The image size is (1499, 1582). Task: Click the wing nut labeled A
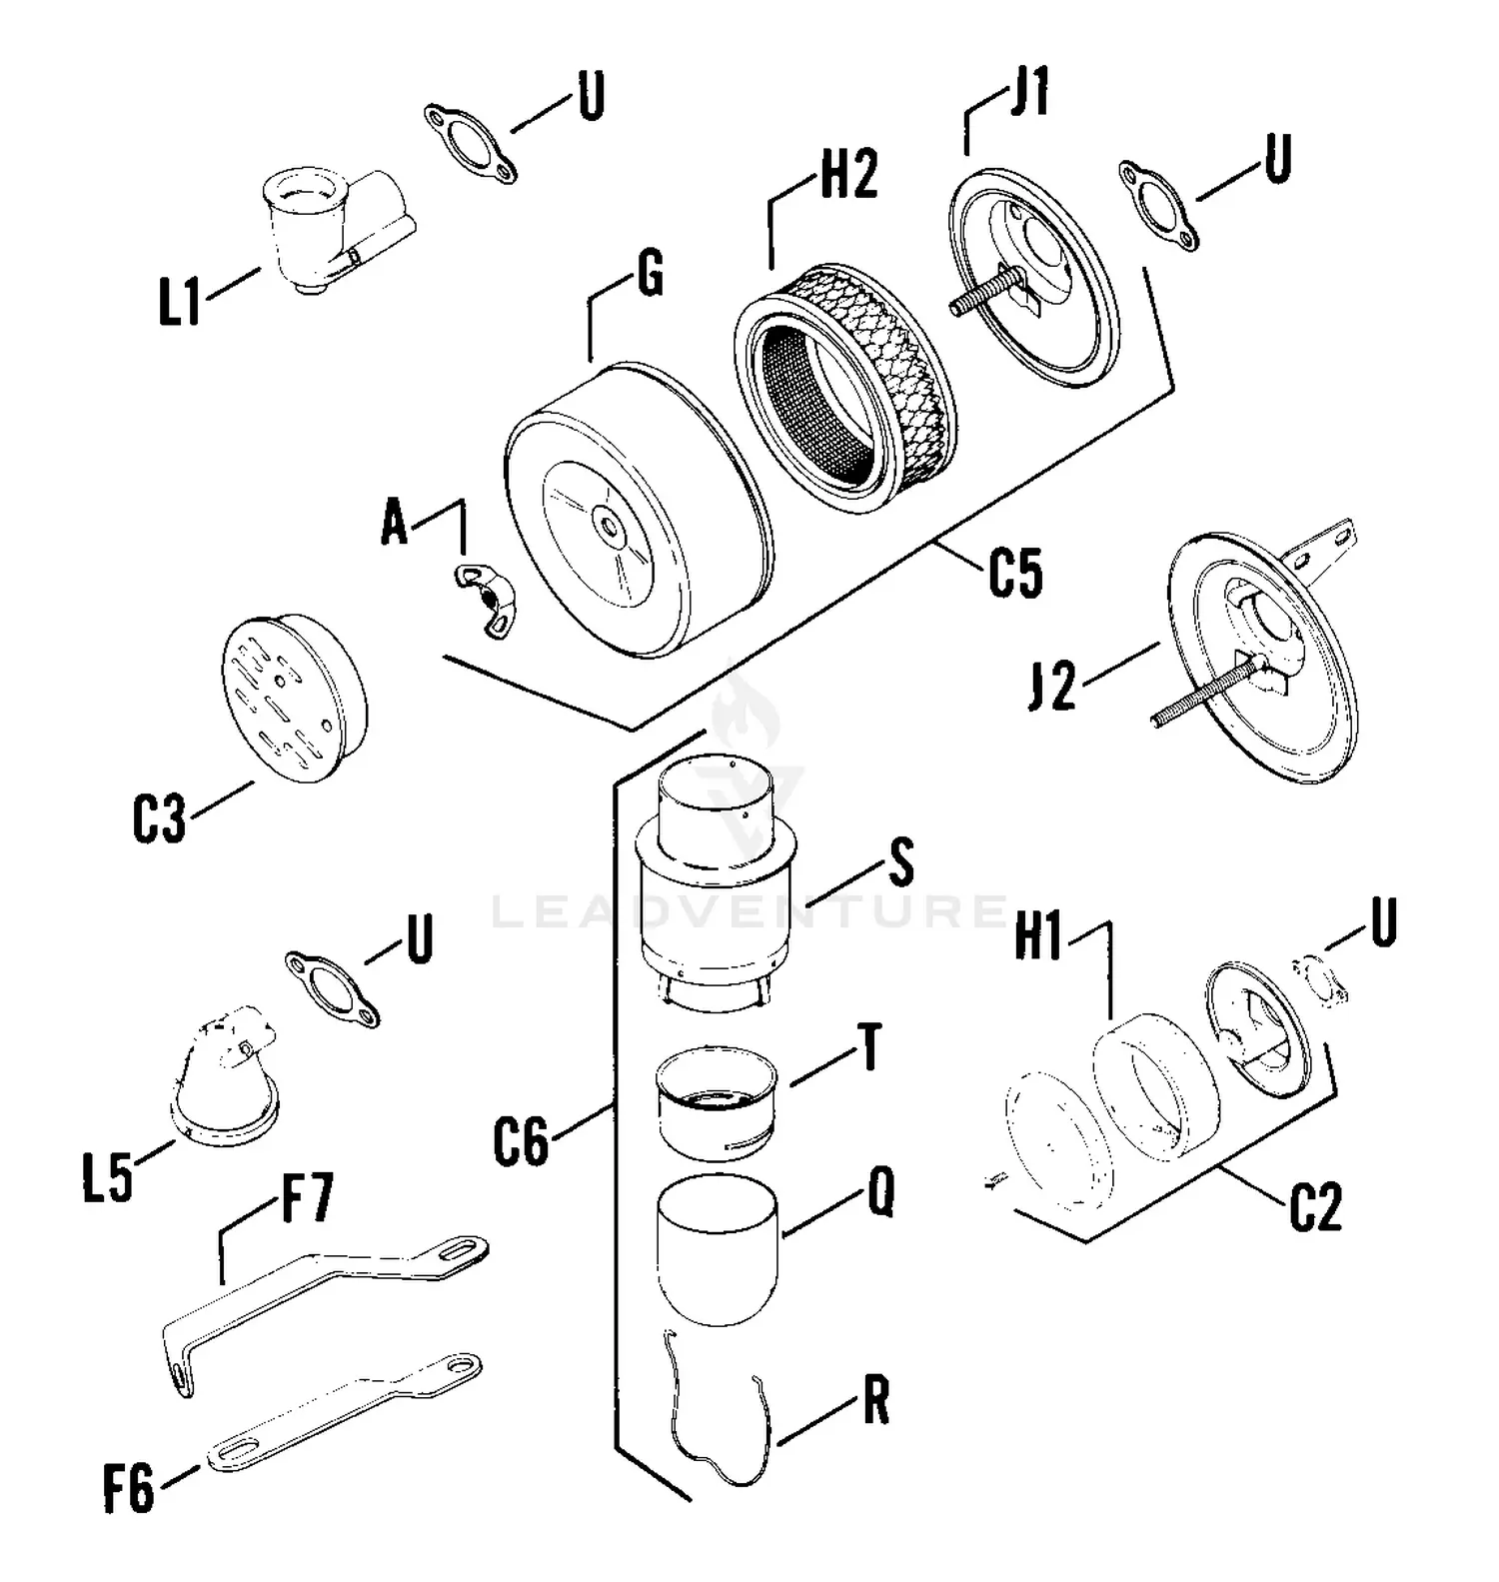point(483,597)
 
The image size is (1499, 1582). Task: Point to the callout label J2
point(1052,689)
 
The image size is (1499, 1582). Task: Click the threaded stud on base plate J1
point(984,295)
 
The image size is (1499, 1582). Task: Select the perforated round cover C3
point(292,697)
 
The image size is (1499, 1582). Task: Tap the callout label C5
point(1015,574)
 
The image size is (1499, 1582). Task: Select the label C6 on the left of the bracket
point(521,1142)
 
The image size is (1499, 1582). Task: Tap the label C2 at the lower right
point(1315,1208)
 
